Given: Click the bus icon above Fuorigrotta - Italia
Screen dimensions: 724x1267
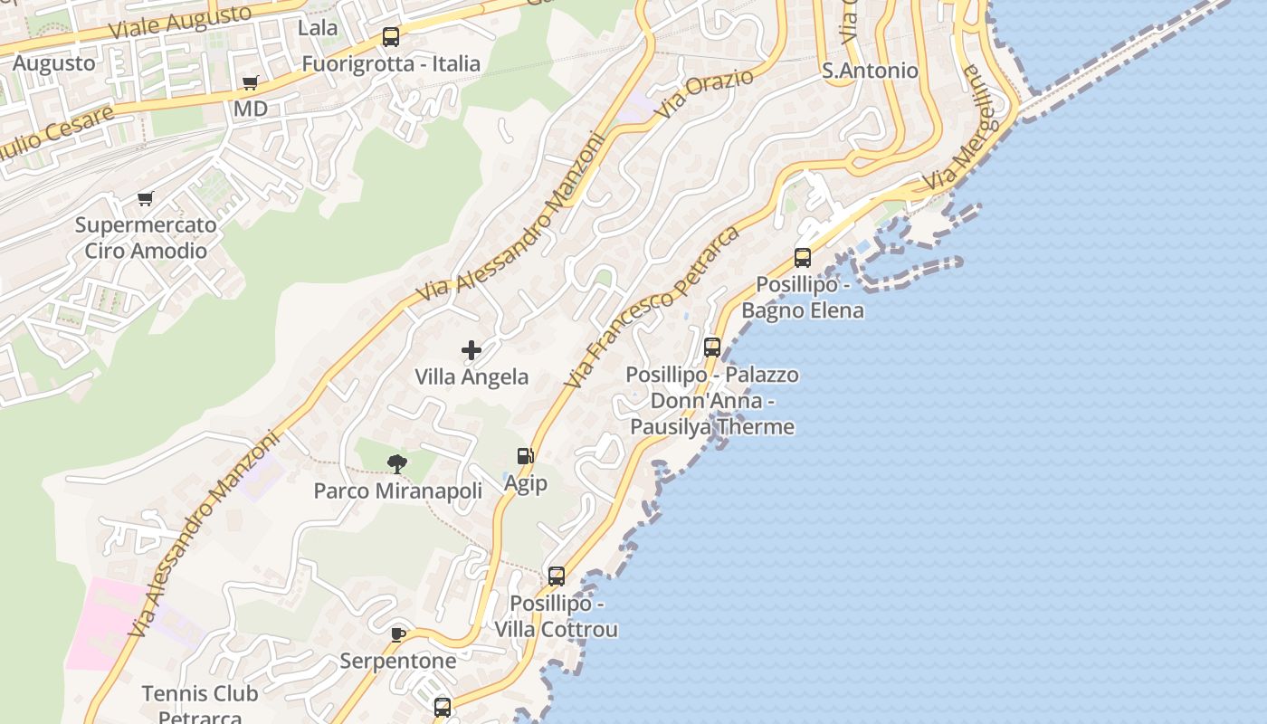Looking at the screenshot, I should (390, 37).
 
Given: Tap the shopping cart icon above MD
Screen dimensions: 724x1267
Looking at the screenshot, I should (251, 83).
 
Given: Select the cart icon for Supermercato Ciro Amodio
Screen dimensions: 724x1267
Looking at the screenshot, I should (145, 198).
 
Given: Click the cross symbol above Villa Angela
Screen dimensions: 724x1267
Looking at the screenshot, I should (472, 350).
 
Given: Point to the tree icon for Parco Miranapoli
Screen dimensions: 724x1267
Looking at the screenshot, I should (396, 464).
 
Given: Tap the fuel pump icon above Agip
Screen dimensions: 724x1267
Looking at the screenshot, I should (525, 456).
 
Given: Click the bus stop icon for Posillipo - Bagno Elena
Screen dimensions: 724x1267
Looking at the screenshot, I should (802, 258).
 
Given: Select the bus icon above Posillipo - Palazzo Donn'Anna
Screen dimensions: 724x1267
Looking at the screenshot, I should (712, 348).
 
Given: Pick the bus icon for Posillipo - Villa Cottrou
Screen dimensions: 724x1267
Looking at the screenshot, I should (557, 576).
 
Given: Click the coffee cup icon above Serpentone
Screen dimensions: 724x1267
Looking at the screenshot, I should (398, 634).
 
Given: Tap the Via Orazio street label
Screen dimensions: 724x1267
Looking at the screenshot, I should (705, 94).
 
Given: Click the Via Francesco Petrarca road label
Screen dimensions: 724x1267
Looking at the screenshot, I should (652, 308).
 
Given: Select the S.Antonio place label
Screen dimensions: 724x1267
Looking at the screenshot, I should (870, 71).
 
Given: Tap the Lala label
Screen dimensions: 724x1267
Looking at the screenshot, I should (318, 28).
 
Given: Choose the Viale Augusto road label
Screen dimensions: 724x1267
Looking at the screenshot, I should (179, 22).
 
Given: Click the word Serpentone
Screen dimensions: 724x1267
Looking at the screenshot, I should (398, 661).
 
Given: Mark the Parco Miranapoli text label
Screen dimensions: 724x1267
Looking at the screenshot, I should (397, 491).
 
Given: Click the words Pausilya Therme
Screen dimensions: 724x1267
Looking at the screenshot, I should (712, 426).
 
